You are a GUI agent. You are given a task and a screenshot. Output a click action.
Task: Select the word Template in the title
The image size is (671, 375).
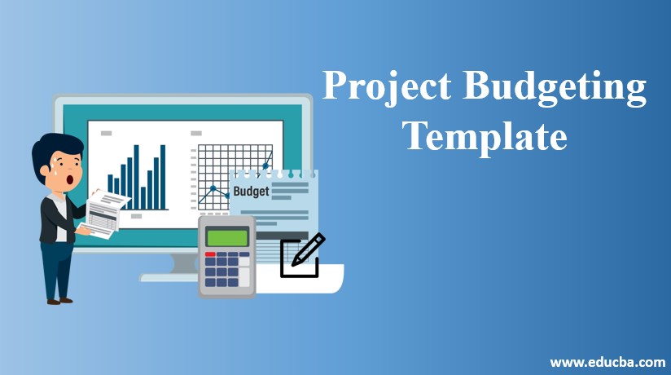pyautogui.click(x=485, y=135)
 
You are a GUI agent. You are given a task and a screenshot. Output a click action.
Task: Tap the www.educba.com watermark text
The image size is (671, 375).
pyautogui.click(x=606, y=361)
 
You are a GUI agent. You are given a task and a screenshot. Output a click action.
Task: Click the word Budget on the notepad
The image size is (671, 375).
pyautogui.click(x=250, y=192)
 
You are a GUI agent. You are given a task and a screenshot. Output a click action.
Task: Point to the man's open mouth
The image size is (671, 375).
pyautogui.click(x=71, y=179)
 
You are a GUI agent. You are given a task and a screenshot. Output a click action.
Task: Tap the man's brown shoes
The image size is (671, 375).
pyautogui.click(x=59, y=301)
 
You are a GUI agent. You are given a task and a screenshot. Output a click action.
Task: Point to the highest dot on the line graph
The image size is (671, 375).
pyautogui.click(x=265, y=166)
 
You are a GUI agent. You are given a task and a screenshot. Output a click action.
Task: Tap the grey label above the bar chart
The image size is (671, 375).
pyautogui.click(x=106, y=132)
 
